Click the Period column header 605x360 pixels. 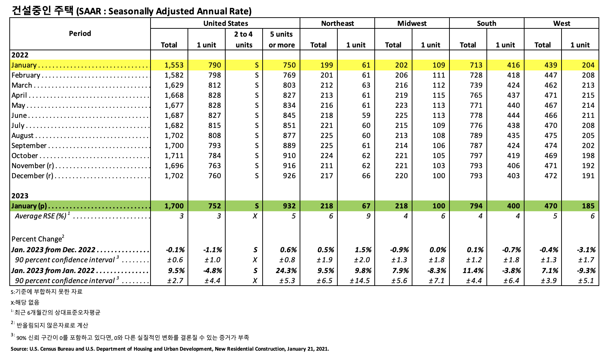point(80,33)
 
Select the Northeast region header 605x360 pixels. point(337,23)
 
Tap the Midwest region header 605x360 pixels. point(412,23)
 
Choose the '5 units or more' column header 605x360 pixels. point(281,40)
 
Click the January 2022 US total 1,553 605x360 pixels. point(174,65)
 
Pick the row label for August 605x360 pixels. point(23,135)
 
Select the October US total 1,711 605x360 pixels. point(174,156)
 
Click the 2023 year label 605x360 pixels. point(20,196)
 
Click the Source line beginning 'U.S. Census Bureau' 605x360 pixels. point(170,349)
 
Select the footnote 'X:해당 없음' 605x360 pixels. point(25,303)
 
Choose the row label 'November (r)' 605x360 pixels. point(33,166)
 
